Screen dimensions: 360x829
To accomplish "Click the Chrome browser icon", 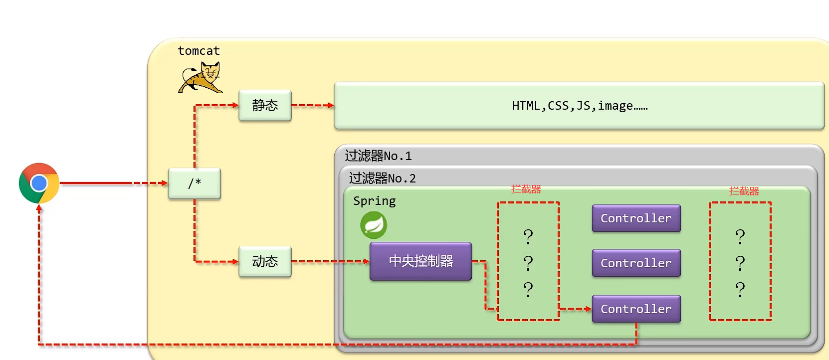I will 39,183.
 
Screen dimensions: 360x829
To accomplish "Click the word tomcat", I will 199,51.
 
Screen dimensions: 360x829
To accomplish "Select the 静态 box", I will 265,106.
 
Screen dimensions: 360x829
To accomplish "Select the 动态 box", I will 265,261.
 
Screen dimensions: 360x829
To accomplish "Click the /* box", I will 195,183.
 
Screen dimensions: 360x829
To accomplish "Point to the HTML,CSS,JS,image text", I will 579,106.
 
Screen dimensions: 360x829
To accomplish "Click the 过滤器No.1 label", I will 378,156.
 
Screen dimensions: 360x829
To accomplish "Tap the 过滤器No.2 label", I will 382,178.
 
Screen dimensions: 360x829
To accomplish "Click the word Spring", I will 374,201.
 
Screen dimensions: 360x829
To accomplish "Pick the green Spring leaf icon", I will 374,225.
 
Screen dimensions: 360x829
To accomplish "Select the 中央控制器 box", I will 420,261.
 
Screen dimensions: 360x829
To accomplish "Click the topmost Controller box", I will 636,218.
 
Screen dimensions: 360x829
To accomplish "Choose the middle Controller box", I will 636,263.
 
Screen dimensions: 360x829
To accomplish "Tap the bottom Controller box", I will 636,309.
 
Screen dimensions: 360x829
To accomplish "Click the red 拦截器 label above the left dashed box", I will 526,189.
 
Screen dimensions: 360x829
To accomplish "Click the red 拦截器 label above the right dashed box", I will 744,191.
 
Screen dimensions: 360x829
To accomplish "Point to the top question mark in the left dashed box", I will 528,236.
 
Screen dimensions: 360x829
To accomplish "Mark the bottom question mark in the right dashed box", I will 740,290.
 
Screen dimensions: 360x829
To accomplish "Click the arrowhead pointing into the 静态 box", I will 235,105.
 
